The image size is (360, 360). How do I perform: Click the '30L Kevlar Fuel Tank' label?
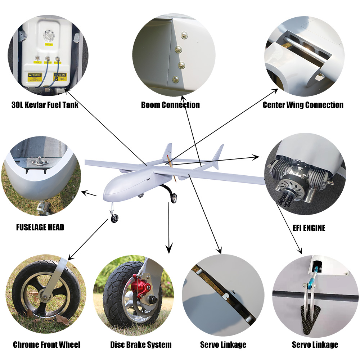[45, 105]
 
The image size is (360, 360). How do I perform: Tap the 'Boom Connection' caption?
[170, 105]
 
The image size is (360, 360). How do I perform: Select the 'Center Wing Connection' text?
[303, 105]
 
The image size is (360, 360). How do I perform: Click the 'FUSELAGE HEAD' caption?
[40, 228]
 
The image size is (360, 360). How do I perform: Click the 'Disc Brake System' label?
[141, 345]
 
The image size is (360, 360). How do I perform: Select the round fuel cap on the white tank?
[48, 35]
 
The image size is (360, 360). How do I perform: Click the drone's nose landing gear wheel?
[114, 219]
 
